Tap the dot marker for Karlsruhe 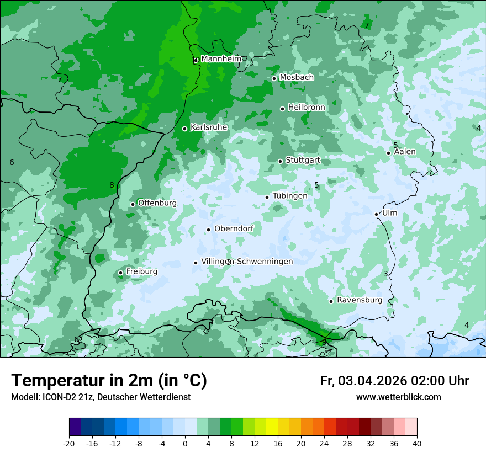[184, 129]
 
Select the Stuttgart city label [303, 161]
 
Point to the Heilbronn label [307, 108]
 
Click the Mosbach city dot [274, 78]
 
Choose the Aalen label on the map [405, 152]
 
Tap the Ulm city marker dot [376, 214]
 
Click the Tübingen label [290, 196]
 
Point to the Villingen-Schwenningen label [247, 262]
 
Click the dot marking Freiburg [120, 273]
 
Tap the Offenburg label [157, 203]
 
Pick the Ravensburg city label [360, 300]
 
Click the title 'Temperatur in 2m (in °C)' [109, 381]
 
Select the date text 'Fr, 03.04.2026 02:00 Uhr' [394, 381]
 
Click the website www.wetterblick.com [398, 397]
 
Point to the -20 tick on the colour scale [69, 443]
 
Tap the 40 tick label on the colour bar [417, 443]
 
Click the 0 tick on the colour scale [185, 443]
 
